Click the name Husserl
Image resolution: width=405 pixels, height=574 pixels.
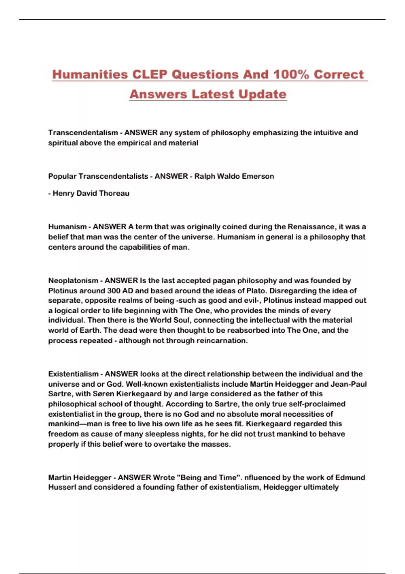tap(62, 487)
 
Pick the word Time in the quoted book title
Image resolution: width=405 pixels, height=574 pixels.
tap(228, 477)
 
